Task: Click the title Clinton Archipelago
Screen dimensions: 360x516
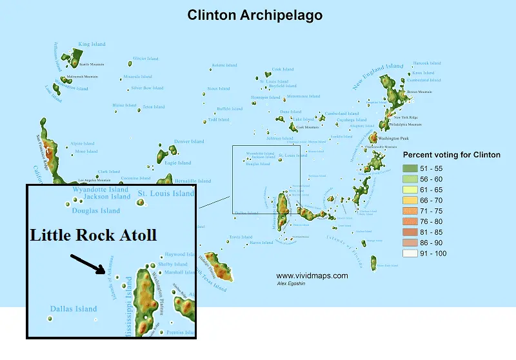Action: pyautogui.click(x=255, y=14)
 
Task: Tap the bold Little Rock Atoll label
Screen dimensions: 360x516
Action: pyautogui.click(x=94, y=235)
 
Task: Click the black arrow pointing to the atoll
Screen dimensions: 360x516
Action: pyautogui.click(x=88, y=263)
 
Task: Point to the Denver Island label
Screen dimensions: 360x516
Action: pyautogui.click(x=189, y=141)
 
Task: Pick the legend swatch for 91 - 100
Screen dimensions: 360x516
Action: pyautogui.click(x=410, y=254)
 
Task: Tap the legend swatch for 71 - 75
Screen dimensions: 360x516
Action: pyautogui.click(x=410, y=211)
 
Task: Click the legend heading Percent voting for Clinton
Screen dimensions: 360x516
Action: pyautogui.click(x=451, y=155)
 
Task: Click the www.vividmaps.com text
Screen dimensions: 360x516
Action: pyautogui.click(x=312, y=275)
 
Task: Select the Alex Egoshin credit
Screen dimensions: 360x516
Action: pyautogui.click(x=292, y=283)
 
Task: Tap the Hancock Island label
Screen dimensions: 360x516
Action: pyautogui.click(x=427, y=63)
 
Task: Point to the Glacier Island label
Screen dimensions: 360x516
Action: pyautogui.click(x=145, y=59)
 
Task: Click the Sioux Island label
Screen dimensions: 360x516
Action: pyautogui.click(x=218, y=88)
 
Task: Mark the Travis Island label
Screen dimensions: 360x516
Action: pyautogui.click(x=241, y=237)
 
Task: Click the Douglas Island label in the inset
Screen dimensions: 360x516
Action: pyautogui.click(x=96, y=210)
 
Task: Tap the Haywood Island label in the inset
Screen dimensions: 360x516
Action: pyautogui.click(x=179, y=255)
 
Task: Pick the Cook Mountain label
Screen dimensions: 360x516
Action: pyautogui.click(x=308, y=127)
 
